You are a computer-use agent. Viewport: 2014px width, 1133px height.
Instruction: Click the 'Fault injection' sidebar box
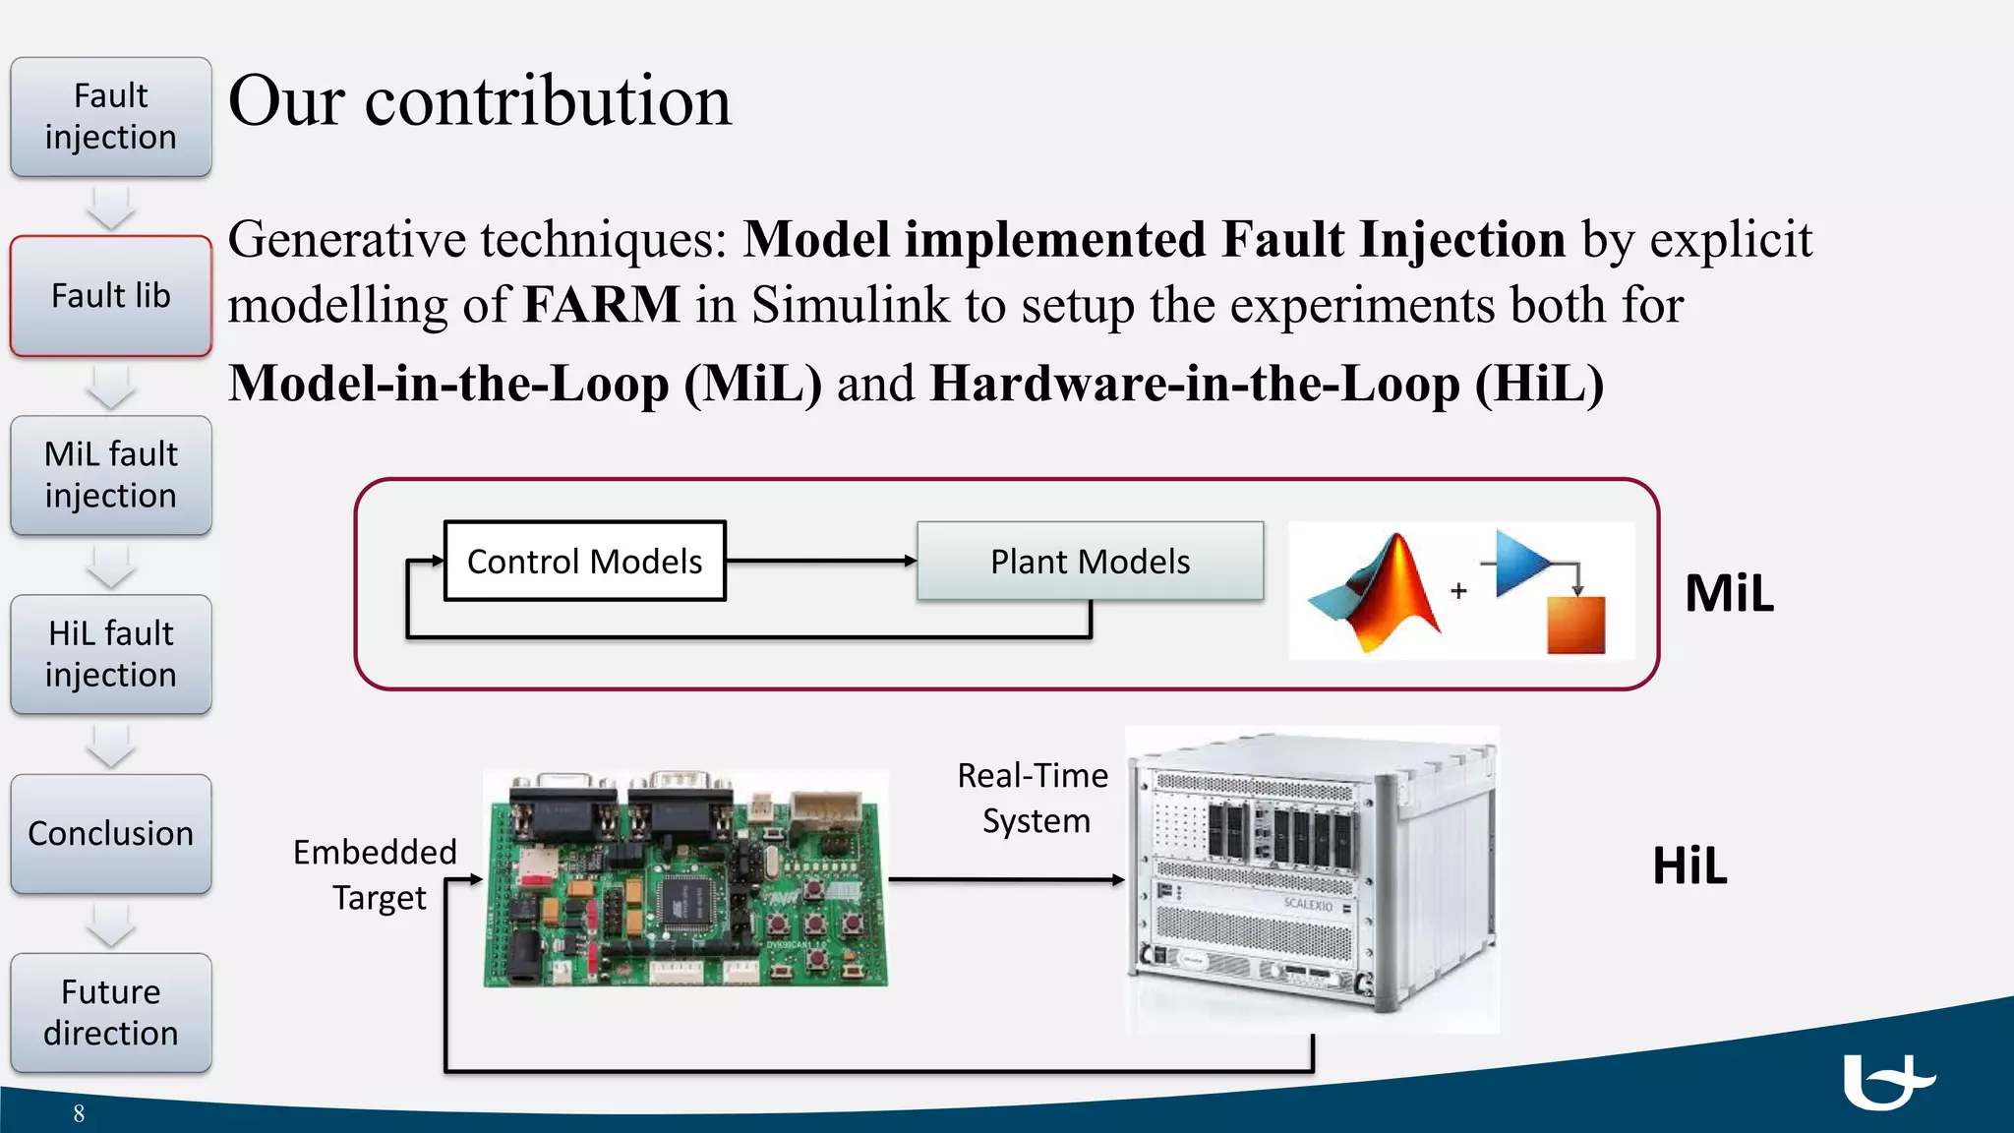111,117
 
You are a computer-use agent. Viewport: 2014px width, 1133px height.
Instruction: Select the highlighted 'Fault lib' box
111,295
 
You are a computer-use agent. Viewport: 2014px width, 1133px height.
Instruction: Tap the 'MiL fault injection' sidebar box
111,475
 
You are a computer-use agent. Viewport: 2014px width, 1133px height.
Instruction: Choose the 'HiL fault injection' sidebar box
111,654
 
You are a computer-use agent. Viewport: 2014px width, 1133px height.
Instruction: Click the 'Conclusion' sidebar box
111,833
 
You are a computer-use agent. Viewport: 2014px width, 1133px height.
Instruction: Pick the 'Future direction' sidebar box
111,1012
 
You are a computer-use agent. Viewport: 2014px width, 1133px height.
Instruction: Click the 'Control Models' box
585,561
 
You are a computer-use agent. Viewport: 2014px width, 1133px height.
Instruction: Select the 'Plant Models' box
1090,561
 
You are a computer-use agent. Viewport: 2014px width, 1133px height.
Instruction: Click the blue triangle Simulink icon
1520,564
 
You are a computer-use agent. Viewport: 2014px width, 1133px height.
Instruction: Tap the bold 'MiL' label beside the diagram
1729,593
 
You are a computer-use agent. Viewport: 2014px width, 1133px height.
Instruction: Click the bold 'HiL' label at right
1689,865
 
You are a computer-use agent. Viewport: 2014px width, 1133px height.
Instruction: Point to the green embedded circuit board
685,878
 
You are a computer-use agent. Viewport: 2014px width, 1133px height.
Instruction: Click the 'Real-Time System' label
1034,798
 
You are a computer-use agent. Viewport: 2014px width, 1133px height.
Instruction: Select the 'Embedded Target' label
376,874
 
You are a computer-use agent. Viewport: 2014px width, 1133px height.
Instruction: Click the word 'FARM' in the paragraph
601,304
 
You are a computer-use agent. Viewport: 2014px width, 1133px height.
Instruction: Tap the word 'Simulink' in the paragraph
851,304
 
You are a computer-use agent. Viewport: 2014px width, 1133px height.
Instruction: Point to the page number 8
79,1113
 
